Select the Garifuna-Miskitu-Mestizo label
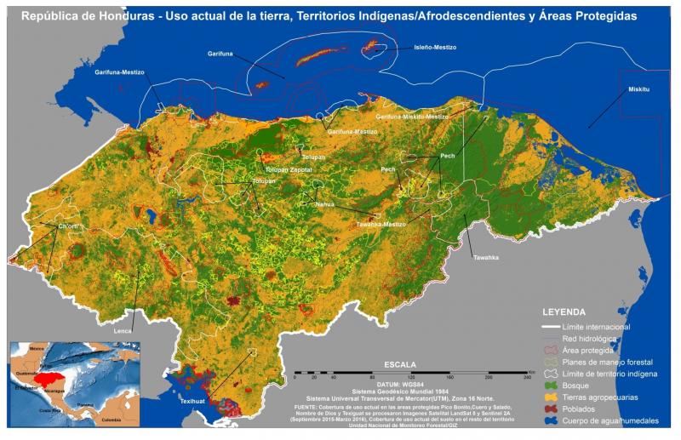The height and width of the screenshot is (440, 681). [412, 117]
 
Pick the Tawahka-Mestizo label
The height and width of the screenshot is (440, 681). [381, 225]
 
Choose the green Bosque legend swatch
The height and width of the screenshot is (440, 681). [553, 386]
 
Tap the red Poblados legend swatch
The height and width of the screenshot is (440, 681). [553, 409]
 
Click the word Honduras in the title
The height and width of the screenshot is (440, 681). [124, 15]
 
